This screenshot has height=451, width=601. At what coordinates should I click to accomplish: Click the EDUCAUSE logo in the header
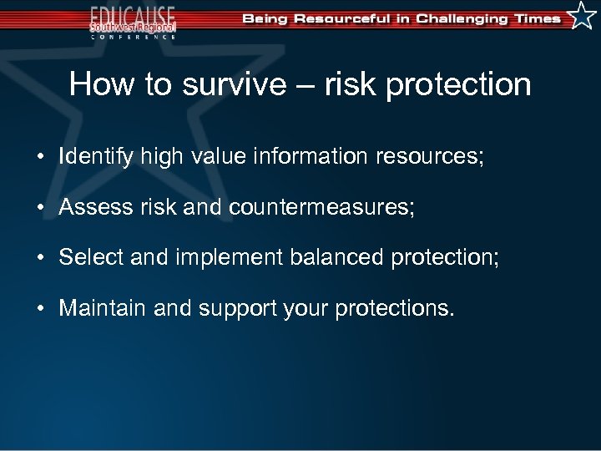[x=134, y=21]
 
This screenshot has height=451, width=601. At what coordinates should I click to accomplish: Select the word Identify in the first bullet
[x=95, y=156]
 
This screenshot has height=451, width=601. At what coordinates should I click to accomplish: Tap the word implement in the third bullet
[x=228, y=257]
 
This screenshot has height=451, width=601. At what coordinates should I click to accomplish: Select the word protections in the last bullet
[x=394, y=308]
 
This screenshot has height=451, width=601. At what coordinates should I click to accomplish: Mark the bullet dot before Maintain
[x=40, y=309]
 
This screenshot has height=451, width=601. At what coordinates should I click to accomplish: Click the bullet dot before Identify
[x=40, y=157]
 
